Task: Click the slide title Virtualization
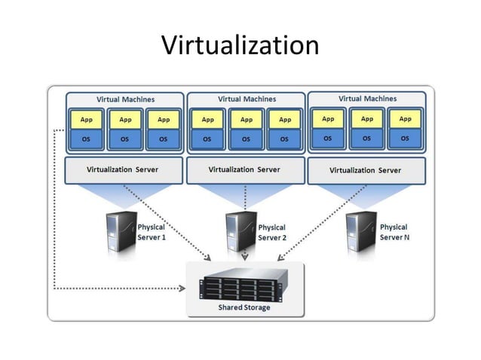pyautogui.click(x=240, y=45)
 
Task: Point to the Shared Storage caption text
pyautogui.click(x=244, y=307)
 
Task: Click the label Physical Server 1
pyautogui.click(x=151, y=232)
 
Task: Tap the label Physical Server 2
pyautogui.click(x=272, y=232)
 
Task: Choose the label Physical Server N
pyautogui.click(x=394, y=232)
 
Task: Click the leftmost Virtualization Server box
pyautogui.click(x=125, y=169)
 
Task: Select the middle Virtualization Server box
pyautogui.click(x=244, y=169)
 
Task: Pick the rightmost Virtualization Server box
pyautogui.click(x=366, y=170)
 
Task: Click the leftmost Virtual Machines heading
pyautogui.click(x=125, y=99)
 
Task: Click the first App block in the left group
pyautogui.click(x=87, y=119)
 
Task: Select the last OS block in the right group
pyautogui.click(x=405, y=139)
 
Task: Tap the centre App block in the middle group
pyautogui.click(x=246, y=119)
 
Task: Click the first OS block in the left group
pyautogui.click(x=87, y=139)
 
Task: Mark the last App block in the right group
pyautogui.click(x=405, y=118)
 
